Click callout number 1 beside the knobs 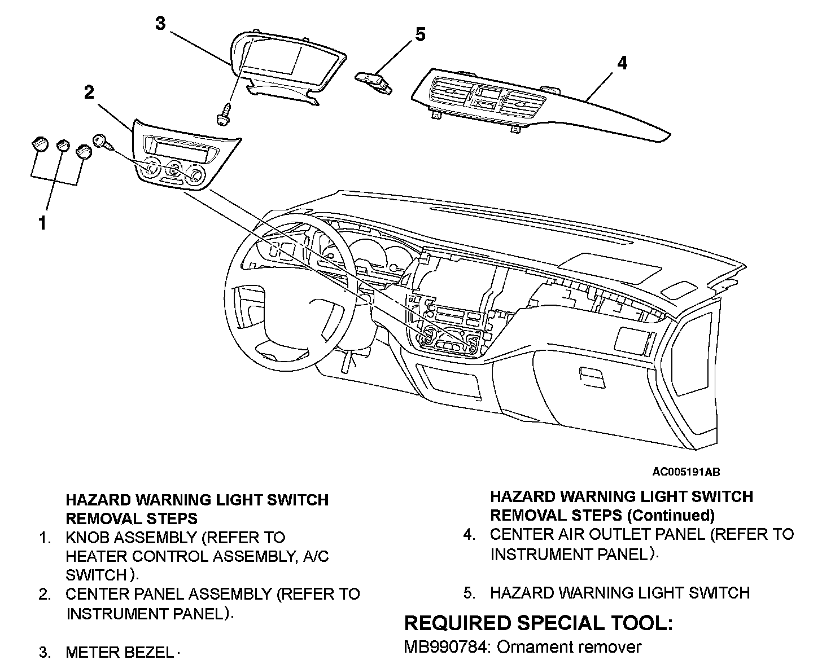pyautogui.click(x=42, y=223)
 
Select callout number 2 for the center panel pyautogui.click(x=89, y=93)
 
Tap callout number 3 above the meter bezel pyautogui.click(x=160, y=24)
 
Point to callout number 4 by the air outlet pyautogui.click(x=622, y=63)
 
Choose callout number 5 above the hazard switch pyautogui.click(x=419, y=34)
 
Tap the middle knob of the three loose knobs pyautogui.click(x=63, y=146)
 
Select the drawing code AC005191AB pyautogui.click(x=685, y=472)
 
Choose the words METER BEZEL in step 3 pyautogui.click(x=119, y=653)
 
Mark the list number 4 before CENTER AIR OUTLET pyautogui.click(x=469, y=534)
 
